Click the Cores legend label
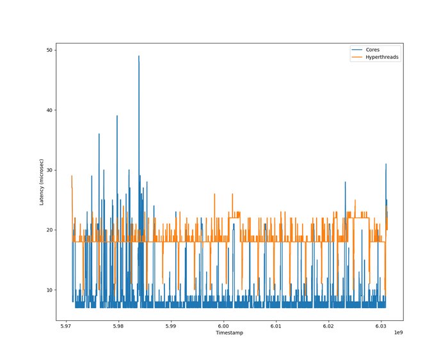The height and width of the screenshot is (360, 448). pos(372,50)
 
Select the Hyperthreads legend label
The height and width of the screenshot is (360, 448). pos(382,58)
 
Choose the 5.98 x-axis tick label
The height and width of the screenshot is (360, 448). pos(118,325)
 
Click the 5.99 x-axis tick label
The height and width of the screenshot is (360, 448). pos(170,325)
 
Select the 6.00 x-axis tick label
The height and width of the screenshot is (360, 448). pos(223,325)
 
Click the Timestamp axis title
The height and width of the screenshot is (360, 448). pos(228,333)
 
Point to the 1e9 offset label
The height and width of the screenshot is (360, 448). pos(398,333)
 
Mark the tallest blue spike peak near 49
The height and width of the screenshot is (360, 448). pos(138,56)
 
